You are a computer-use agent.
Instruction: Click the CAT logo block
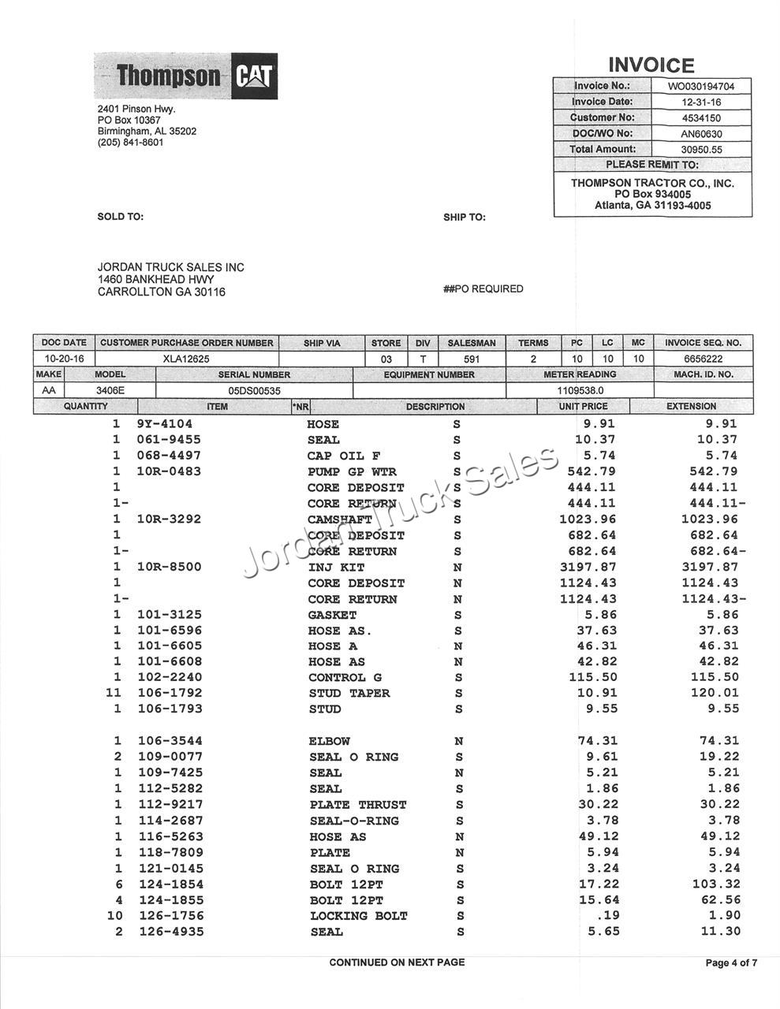(254, 76)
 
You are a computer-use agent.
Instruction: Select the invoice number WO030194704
(700, 86)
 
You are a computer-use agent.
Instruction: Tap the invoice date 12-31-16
(700, 102)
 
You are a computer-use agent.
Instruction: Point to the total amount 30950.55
(700, 149)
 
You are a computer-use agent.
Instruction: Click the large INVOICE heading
(651, 65)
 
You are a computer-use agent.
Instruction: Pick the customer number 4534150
(700, 117)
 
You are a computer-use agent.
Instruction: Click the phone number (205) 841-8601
(130, 143)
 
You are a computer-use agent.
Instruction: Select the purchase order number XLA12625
(186, 359)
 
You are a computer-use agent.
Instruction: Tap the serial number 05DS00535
(254, 390)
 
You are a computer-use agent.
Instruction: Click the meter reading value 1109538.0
(580, 390)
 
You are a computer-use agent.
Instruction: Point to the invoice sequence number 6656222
(703, 359)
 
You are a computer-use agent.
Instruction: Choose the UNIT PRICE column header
(583, 407)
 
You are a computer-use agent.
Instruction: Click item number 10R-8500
(169, 567)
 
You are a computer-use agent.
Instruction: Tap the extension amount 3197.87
(710, 567)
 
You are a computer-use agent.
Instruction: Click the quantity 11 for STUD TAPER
(115, 693)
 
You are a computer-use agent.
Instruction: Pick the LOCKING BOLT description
(358, 916)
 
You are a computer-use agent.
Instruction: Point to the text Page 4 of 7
(731, 962)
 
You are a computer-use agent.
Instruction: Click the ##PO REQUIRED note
(483, 289)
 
